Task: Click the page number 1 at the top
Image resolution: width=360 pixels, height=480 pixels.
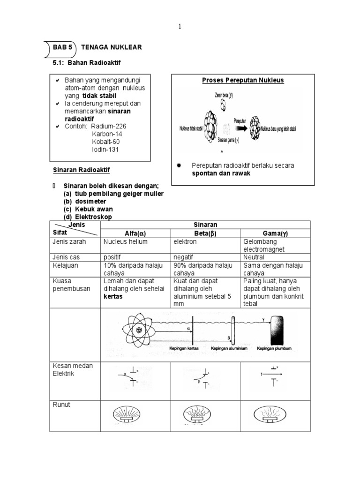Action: click(180, 27)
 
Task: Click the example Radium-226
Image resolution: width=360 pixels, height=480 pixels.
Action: click(109, 126)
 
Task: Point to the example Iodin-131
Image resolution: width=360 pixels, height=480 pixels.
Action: click(105, 150)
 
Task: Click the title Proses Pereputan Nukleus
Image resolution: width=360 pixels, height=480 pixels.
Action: click(243, 80)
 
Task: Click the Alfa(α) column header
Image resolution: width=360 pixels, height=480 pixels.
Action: click(135, 233)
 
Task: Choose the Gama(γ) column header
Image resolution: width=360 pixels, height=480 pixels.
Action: click(275, 233)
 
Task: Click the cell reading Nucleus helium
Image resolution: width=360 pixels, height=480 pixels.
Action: click(126, 242)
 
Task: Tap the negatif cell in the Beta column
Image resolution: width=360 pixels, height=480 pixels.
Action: click(185, 257)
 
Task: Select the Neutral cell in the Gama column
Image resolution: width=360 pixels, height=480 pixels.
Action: click(254, 257)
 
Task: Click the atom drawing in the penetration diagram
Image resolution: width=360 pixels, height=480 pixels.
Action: click(139, 330)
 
